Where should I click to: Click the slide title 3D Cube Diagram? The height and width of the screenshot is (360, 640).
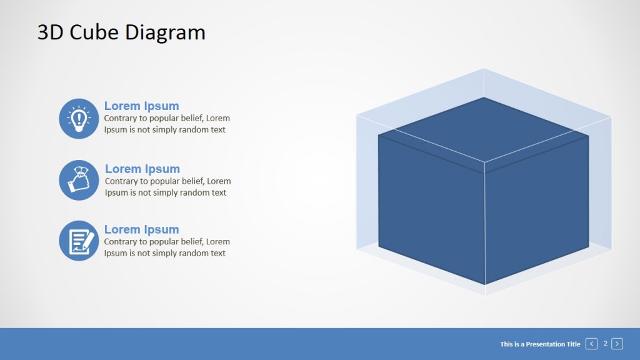(121, 32)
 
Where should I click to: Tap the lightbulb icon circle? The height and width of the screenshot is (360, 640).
(79, 119)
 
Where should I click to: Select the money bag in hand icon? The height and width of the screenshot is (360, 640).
(79, 180)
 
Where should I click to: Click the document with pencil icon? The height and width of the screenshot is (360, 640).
(79, 241)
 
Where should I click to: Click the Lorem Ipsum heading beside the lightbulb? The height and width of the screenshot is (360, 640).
(141, 106)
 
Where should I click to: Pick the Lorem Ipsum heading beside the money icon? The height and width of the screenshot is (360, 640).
(142, 169)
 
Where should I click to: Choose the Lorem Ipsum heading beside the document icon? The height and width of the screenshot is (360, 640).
(141, 229)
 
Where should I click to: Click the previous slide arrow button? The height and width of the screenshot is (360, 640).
(591, 344)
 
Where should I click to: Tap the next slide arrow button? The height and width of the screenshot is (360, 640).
(617, 344)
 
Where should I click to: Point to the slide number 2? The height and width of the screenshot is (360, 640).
(605, 343)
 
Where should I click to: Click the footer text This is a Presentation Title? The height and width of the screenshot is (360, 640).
(540, 344)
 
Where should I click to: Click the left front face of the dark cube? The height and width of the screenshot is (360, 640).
(431, 209)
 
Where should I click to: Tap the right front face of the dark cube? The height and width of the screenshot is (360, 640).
(536, 209)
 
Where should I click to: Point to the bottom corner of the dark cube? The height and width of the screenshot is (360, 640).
(484, 284)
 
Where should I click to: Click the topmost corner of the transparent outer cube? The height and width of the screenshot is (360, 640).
(484, 69)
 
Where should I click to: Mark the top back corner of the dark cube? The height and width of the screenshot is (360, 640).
(484, 97)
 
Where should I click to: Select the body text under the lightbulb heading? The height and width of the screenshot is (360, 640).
(166, 124)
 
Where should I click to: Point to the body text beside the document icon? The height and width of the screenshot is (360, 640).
(166, 247)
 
